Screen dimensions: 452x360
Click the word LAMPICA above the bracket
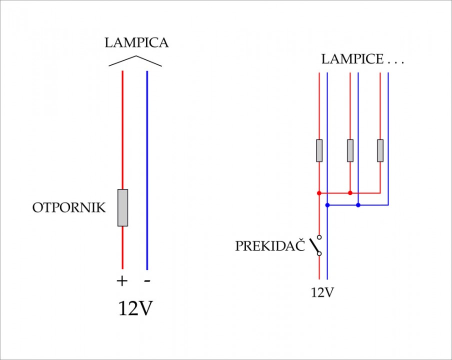pos(136,42)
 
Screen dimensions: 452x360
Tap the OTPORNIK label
pos(69,207)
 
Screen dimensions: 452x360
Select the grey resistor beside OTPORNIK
pos(122,208)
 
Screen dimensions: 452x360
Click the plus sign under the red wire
pos(122,280)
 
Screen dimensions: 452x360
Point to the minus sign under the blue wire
pos(147,280)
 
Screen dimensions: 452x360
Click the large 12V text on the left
pos(135,308)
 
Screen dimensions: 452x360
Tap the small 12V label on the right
pos(322,292)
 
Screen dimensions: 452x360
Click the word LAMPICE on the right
pos(352,59)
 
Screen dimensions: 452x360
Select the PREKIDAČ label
pos(270,245)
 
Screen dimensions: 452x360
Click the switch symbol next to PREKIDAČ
pos(316,245)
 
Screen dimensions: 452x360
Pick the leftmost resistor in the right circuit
pos(319,150)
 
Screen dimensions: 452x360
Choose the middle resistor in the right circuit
pos(350,150)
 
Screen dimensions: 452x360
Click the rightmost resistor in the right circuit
pos(380,150)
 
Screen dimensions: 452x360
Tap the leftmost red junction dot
pos(319,193)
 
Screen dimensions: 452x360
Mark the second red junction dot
pos(350,193)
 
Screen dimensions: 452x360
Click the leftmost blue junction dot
pos(327,205)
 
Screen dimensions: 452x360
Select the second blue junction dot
pos(358,205)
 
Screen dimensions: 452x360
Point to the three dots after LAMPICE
pos(396,63)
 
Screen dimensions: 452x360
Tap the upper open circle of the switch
pos(319,237)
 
